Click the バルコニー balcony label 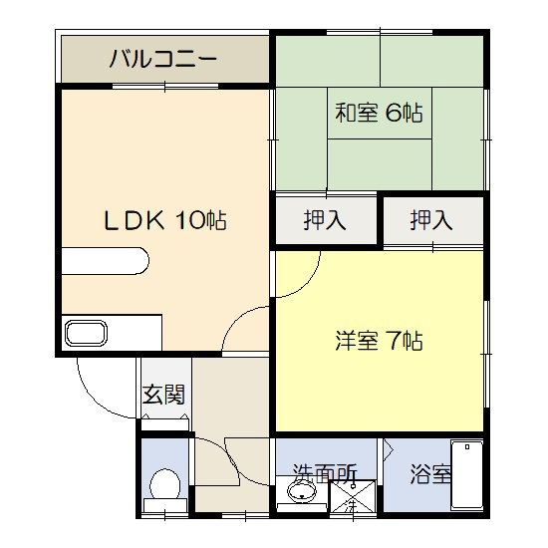163,59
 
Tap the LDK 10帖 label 165,220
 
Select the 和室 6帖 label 380,113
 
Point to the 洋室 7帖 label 380,340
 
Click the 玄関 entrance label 163,395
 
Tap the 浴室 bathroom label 430,474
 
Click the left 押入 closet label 325,220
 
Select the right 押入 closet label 431,220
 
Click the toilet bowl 165,484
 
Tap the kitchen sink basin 86,333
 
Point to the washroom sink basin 302,491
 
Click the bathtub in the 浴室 467,474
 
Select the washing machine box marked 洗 353,497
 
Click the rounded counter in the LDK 106,261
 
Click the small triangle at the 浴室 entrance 389,449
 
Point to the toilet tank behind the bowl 165,505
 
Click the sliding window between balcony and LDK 165,86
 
